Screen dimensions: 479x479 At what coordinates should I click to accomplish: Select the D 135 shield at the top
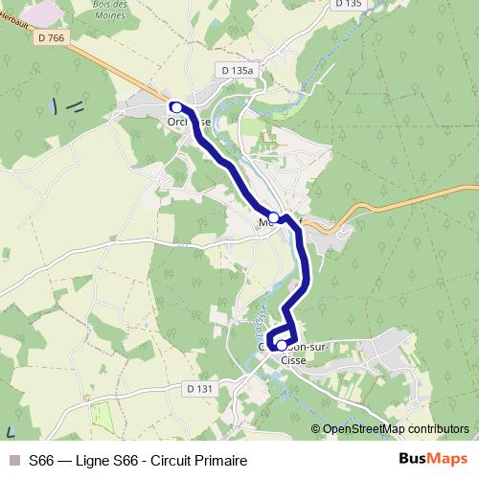(x=349, y=4)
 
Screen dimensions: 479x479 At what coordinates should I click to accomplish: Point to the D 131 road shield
(x=199, y=388)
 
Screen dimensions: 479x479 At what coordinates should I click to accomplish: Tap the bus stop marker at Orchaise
(x=176, y=107)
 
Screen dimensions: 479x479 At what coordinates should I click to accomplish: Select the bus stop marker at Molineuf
(x=273, y=217)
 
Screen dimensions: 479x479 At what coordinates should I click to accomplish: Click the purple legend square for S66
(x=12, y=461)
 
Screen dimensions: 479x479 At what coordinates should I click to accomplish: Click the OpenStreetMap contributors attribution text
(x=395, y=429)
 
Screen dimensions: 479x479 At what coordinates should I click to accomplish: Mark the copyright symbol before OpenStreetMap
(x=316, y=429)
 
